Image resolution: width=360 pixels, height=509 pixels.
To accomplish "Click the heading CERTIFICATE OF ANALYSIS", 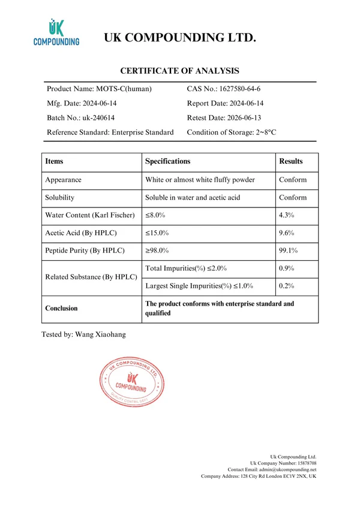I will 180,70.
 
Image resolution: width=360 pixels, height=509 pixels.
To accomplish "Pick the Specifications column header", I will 167,161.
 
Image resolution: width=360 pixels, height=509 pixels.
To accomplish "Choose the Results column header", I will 291,161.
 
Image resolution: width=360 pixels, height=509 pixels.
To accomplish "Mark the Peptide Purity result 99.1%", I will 290,251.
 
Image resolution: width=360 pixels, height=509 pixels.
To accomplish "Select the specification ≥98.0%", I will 157,251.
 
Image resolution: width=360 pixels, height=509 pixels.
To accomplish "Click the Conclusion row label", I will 61,308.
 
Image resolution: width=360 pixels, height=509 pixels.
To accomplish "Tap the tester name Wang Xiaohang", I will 101,334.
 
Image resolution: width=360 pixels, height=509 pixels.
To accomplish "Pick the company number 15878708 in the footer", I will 302,463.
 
